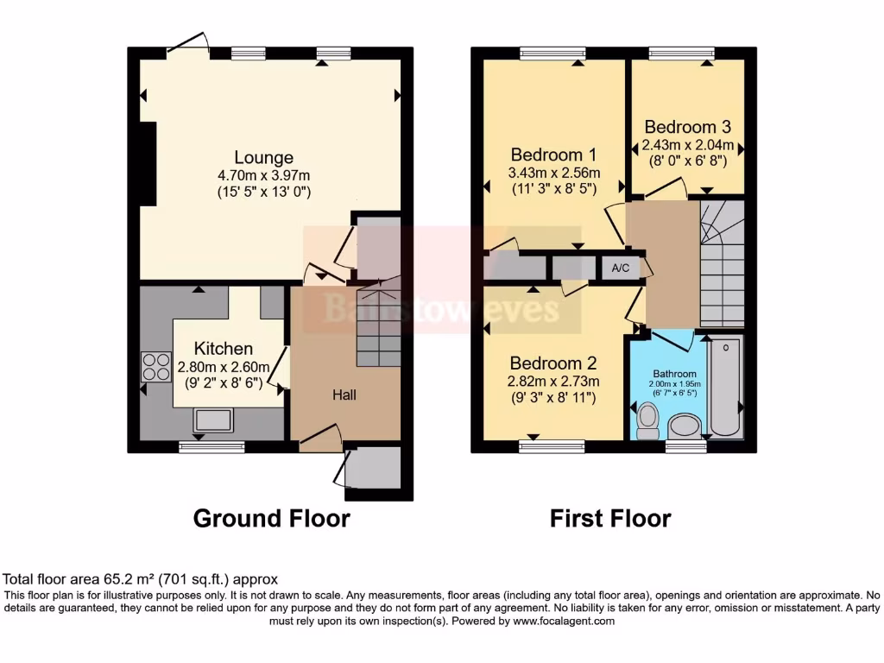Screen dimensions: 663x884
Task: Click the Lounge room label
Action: [263, 157]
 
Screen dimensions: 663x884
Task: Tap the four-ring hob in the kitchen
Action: [156, 367]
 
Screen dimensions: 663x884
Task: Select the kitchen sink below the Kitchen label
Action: [213, 420]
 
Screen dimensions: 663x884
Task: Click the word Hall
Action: [345, 395]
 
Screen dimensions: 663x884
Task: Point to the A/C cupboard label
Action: [620, 268]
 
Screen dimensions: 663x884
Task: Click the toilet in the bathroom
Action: [647, 422]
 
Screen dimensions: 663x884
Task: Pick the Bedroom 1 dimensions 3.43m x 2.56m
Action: [553, 173]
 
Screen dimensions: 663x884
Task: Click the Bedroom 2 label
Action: [553, 363]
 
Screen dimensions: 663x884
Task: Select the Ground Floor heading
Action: [271, 518]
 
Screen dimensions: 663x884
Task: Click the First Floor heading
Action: [610, 518]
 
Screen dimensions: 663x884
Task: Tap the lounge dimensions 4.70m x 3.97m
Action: [263, 175]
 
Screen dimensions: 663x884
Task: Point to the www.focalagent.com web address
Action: [563, 621]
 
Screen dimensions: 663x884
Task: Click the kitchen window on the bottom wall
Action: [212, 446]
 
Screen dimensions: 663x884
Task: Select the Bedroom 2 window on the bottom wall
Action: [552, 446]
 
